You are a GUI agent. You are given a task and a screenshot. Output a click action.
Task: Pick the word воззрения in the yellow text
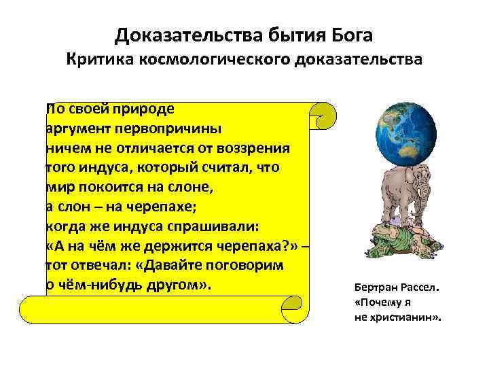(258, 147)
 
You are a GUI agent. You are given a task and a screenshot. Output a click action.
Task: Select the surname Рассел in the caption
(416, 287)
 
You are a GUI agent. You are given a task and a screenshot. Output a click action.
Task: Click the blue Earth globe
(407, 133)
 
